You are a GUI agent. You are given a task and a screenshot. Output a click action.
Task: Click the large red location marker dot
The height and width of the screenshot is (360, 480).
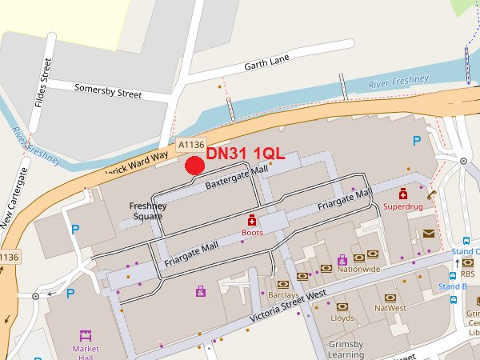194,166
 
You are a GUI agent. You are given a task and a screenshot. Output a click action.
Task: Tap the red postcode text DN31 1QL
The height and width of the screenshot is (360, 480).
246,153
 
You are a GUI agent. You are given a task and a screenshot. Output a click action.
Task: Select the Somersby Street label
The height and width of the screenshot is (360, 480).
108,92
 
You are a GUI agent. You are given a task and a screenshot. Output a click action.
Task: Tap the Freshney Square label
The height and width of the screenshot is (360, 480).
148,211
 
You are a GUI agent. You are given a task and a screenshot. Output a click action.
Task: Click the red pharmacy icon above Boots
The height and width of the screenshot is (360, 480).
252,220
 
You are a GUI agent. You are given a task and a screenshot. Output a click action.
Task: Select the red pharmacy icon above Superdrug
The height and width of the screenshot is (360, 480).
403,194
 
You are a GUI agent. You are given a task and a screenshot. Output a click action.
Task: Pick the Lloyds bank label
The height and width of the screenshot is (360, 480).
342,318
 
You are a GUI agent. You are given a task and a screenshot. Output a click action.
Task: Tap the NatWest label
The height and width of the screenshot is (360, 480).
390,307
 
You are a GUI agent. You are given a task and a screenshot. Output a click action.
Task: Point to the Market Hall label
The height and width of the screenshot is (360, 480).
86,354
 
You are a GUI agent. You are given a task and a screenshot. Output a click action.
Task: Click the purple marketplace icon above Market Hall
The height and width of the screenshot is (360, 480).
86,336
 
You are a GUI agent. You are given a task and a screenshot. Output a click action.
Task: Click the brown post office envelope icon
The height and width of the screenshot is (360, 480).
429,234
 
